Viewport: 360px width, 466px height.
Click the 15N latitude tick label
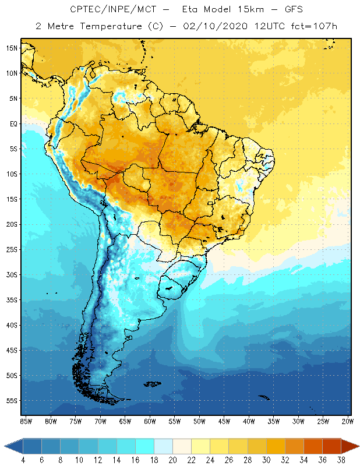12,48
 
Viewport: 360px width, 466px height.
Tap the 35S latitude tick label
12,299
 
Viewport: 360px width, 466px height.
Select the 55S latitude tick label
12,400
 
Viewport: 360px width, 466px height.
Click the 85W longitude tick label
26,421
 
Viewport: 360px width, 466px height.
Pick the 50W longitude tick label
199,421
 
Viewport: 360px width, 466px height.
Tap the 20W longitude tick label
348,421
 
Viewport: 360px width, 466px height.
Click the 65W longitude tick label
125,421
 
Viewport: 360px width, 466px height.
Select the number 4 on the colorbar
23,460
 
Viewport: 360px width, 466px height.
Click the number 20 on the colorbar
172,460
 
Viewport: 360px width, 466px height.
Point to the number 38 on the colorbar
341,460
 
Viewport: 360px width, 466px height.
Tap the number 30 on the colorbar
266,460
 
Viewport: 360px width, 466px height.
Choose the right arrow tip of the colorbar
358,446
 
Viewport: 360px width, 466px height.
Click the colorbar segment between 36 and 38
331,446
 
